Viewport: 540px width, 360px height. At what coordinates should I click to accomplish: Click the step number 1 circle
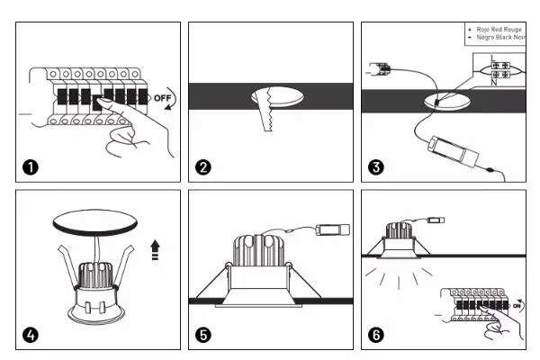(31, 167)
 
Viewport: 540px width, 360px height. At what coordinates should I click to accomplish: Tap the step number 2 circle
(204, 167)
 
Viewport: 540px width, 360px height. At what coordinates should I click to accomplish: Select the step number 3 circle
(377, 167)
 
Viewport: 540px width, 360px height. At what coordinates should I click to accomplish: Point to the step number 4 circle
(31, 337)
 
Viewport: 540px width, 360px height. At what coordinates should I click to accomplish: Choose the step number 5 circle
(204, 337)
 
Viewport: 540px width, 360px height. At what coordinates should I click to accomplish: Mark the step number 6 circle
(377, 337)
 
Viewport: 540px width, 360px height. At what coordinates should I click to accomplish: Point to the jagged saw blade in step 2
(267, 112)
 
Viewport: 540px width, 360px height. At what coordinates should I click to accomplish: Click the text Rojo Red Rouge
(498, 30)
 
